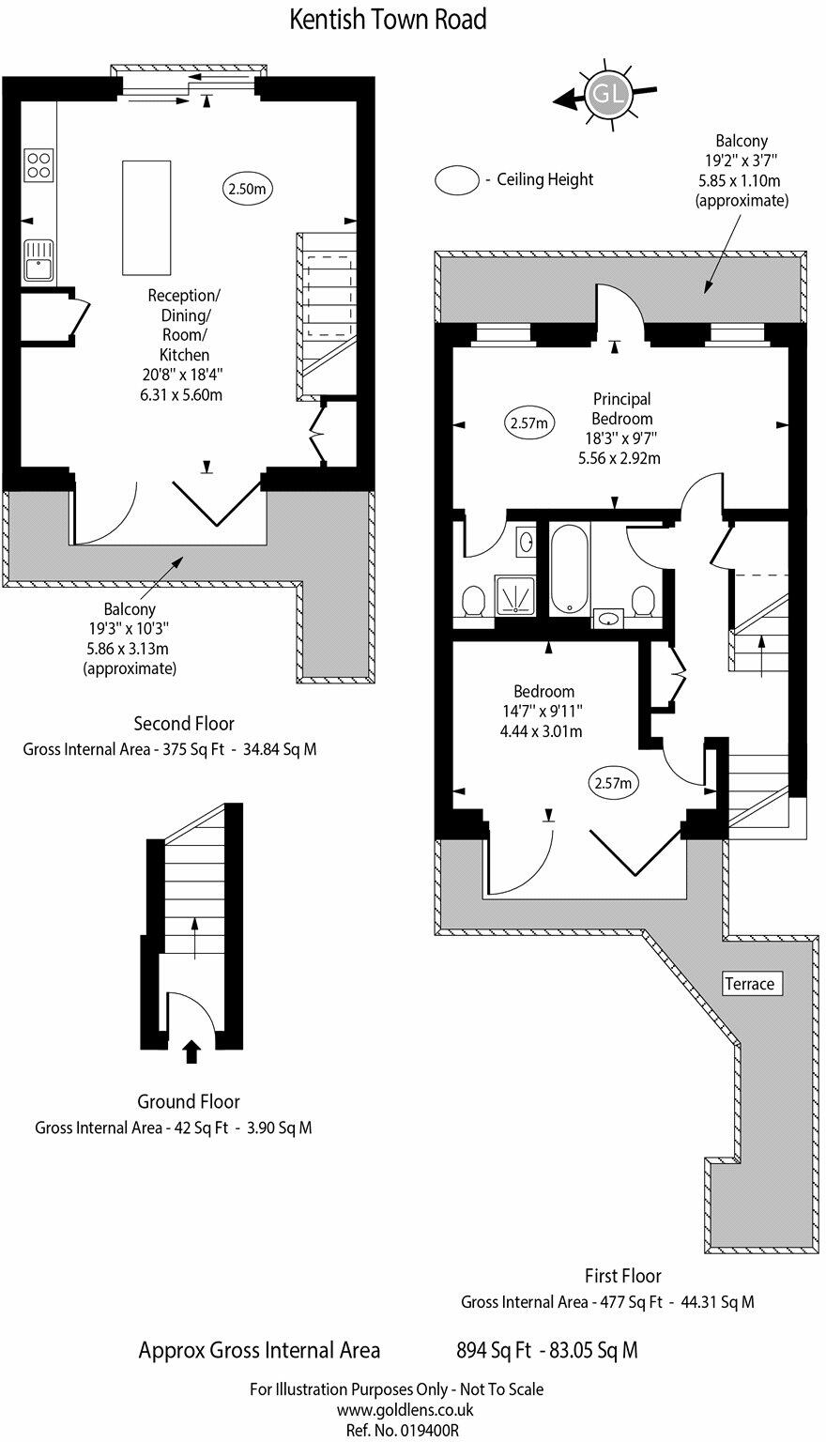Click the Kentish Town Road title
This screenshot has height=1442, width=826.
pyautogui.click(x=388, y=20)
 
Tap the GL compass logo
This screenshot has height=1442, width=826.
pyautogui.click(x=606, y=95)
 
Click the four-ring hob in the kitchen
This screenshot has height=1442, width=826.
pyautogui.click(x=38, y=165)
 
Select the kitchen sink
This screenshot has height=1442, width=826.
pyautogui.click(x=38, y=260)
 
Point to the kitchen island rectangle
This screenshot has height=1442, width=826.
pyautogui.click(x=146, y=218)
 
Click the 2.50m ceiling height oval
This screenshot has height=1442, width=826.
pyautogui.click(x=248, y=190)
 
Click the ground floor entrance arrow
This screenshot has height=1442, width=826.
pyautogui.click(x=191, y=1051)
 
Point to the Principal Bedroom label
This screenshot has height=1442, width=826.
pyautogui.click(x=622, y=408)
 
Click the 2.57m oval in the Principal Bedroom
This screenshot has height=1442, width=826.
pyautogui.click(x=529, y=423)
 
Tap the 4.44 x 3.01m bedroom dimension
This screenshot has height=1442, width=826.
pyautogui.click(x=541, y=731)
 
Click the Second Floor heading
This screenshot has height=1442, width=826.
pyautogui.click(x=184, y=724)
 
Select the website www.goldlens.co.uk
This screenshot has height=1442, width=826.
pyautogui.click(x=405, y=1409)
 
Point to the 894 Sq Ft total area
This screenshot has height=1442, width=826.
pyautogui.click(x=495, y=1350)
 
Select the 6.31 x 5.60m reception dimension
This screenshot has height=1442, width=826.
pyautogui.click(x=181, y=394)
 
